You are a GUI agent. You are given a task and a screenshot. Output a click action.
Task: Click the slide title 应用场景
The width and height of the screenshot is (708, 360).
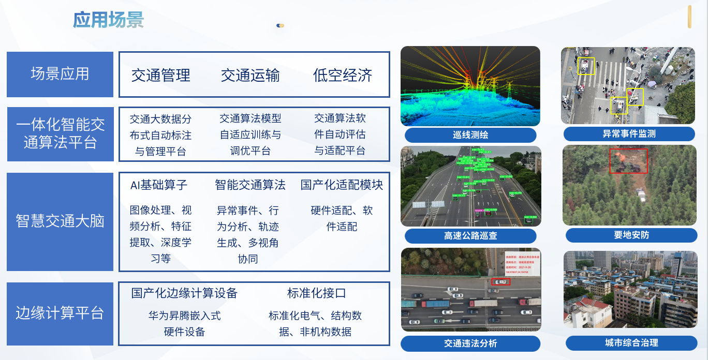coord(108,20)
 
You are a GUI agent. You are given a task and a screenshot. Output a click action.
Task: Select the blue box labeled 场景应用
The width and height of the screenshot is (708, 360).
coord(60,74)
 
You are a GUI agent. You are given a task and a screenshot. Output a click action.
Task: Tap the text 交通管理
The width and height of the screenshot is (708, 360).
coord(161,76)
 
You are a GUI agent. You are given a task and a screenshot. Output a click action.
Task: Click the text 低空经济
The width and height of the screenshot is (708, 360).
coord(343,76)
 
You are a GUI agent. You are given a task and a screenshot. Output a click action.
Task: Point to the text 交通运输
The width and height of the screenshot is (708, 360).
coord(250,76)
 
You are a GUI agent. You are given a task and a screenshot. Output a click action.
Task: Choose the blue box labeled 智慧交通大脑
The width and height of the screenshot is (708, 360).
coord(60,221)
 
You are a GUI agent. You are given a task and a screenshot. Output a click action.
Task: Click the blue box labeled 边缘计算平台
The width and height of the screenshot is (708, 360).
coord(60,313)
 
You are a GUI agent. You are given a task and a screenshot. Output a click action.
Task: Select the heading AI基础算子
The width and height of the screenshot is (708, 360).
coord(159,185)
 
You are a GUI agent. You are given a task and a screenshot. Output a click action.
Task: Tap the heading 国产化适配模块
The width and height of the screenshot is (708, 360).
coord(342,185)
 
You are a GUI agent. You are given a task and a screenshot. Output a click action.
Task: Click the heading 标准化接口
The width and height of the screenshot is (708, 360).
coord(317,293)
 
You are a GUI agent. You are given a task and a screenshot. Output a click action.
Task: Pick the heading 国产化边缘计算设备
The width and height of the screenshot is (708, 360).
coord(184,293)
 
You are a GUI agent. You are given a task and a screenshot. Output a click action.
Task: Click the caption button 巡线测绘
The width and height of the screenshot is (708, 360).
coord(470,135)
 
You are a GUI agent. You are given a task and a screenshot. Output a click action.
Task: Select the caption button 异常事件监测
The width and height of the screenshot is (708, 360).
coord(629,134)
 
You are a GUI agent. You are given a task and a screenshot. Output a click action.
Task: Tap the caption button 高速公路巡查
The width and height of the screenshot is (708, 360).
coord(470,236)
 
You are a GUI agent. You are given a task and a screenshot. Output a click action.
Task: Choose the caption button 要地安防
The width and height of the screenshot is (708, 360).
coord(631,235)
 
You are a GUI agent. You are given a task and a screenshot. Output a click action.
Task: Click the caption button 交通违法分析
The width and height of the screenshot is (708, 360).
coord(470,343)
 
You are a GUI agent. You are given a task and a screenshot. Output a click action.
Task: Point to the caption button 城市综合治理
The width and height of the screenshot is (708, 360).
coord(631,342)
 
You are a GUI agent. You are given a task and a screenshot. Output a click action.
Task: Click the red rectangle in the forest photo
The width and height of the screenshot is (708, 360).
coord(628,161)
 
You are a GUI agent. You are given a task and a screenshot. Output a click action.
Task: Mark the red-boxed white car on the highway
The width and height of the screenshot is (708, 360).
coord(500,281)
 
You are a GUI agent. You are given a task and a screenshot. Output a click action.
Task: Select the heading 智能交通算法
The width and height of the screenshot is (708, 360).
coord(250,185)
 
